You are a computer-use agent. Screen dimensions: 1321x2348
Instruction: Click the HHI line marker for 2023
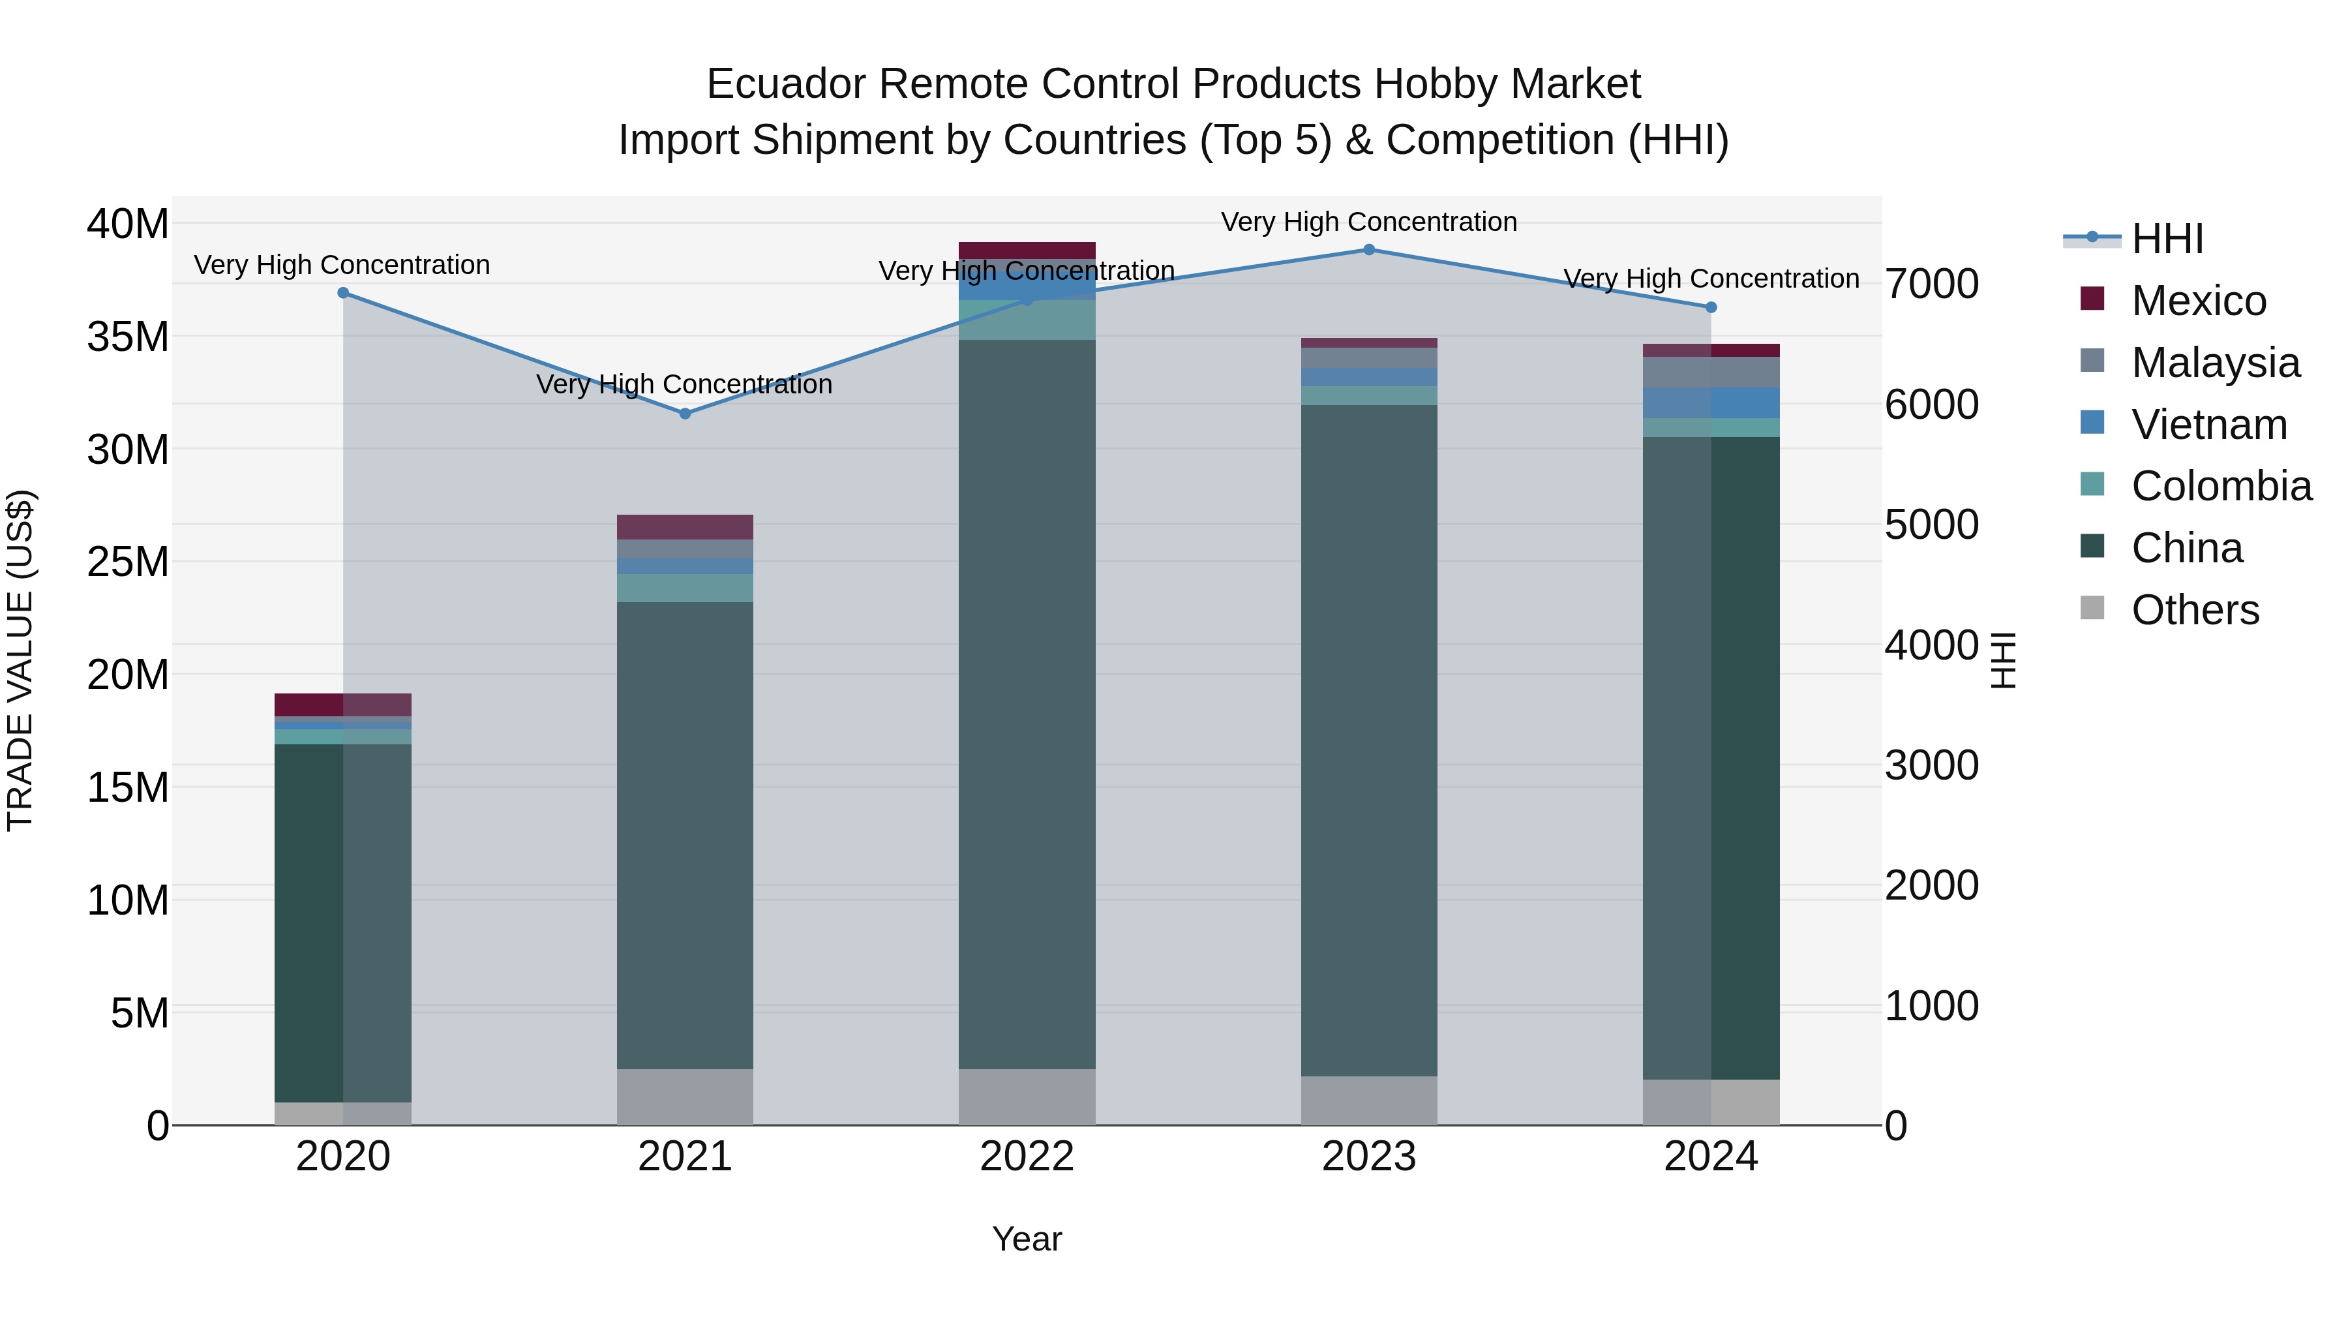pyautogui.click(x=1368, y=250)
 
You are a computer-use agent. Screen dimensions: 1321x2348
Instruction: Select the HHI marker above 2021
pyautogui.click(x=685, y=414)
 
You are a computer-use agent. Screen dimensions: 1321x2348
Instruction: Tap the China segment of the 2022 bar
pyautogui.click(x=1027, y=702)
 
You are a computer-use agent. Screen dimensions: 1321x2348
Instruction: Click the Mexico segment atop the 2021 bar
pyautogui.click(x=685, y=527)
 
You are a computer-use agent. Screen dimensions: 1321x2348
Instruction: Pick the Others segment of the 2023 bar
pyautogui.click(x=1368, y=1101)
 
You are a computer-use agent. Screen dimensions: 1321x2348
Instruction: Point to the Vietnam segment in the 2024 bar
pyautogui.click(x=1711, y=403)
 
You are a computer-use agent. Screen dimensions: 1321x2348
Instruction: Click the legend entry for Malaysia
pyautogui.click(x=2215, y=363)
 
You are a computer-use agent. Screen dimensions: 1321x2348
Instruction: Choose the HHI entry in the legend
pyautogui.click(x=2167, y=239)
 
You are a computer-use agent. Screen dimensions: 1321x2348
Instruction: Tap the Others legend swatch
pyautogui.click(x=2093, y=608)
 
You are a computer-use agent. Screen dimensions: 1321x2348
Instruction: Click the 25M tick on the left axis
pyautogui.click(x=128, y=562)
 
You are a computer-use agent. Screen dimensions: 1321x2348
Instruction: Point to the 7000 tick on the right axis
pyautogui.click(x=1931, y=284)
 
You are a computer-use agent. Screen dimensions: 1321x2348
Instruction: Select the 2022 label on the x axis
pyautogui.click(x=1027, y=1157)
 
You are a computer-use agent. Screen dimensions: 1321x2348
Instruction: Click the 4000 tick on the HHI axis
pyautogui.click(x=1931, y=645)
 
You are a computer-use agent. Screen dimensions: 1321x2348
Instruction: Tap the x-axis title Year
pyautogui.click(x=1027, y=1239)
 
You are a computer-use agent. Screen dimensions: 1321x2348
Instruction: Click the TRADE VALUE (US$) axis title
pyautogui.click(x=20, y=660)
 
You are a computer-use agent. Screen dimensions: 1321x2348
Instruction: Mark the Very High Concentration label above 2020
pyautogui.click(x=342, y=266)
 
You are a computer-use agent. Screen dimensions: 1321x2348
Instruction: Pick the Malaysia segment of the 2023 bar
pyautogui.click(x=1368, y=357)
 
